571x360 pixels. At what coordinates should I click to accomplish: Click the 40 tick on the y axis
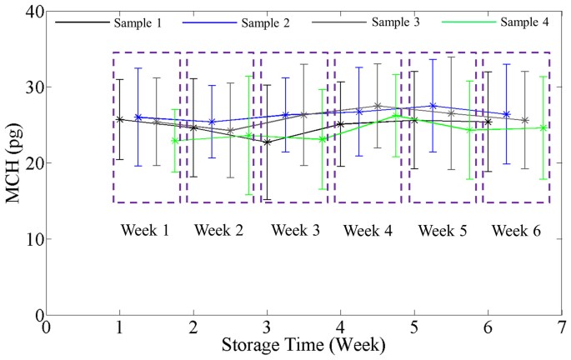[33, 11]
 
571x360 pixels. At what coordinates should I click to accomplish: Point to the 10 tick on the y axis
[33, 239]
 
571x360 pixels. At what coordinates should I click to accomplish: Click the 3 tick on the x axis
[267, 328]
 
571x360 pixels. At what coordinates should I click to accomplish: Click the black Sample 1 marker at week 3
[267, 142]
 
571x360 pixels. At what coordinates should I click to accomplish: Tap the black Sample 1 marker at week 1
[120, 119]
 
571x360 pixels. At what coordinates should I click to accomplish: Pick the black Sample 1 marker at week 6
[488, 122]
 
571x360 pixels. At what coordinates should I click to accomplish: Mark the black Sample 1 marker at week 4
[340, 124]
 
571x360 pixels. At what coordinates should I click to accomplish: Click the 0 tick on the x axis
[47, 328]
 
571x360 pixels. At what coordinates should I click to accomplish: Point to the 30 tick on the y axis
[33, 87]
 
